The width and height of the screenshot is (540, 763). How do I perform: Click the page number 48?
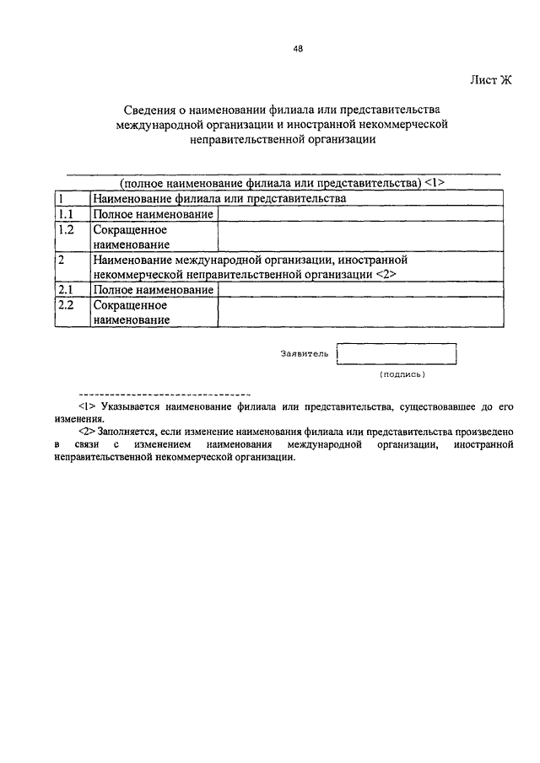(298, 48)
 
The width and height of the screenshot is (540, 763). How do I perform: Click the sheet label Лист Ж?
(490, 80)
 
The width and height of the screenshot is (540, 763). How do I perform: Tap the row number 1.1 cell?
(73, 214)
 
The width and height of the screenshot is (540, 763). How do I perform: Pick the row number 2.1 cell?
(73, 289)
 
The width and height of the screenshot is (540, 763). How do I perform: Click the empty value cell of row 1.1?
(360, 214)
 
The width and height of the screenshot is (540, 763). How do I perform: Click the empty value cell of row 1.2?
(360, 236)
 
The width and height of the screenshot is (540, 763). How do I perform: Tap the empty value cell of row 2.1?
(360, 289)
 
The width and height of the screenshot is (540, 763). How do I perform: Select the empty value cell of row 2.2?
(360, 312)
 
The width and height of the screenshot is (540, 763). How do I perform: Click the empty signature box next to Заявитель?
(396, 353)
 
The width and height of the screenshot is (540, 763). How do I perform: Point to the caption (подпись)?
(402, 373)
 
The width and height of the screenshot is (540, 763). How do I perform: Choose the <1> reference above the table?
(435, 182)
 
